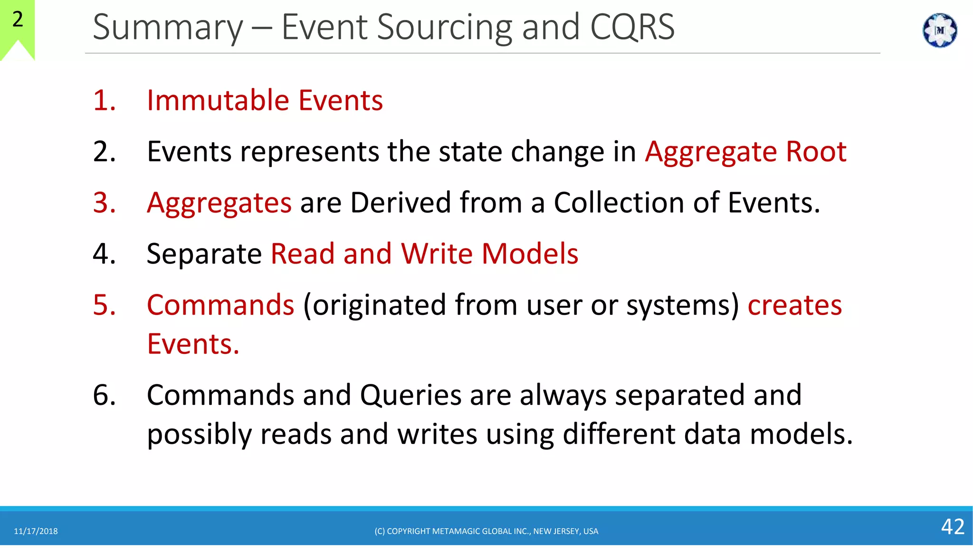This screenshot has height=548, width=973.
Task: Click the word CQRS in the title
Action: [632, 27]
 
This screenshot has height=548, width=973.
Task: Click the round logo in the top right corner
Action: [939, 30]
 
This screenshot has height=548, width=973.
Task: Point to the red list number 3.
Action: [104, 203]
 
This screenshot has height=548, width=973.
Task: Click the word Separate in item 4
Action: [204, 254]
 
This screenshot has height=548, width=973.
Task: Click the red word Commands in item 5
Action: [220, 305]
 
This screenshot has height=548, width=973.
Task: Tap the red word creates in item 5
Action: [794, 305]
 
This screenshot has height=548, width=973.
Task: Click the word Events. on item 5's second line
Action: [193, 344]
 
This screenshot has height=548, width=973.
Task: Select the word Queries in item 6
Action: [410, 396]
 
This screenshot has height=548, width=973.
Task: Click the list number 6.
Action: [104, 395]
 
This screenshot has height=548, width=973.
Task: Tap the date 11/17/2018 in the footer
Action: [36, 531]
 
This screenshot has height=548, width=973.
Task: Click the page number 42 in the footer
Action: [953, 527]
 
